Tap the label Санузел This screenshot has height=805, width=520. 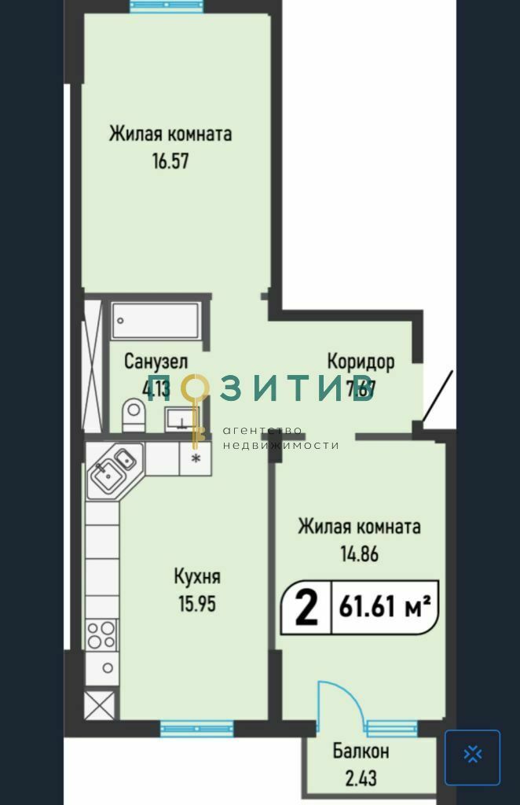tap(156, 362)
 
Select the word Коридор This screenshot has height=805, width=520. tap(361, 362)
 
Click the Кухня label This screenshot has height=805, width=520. tap(196, 577)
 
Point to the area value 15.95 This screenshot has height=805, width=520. tap(196, 605)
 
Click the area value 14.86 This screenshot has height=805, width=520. tap(359, 553)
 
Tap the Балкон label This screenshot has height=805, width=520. tap(361, 752)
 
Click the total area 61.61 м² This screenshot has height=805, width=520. tap(385, 608)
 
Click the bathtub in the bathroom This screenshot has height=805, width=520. tap(155, 321)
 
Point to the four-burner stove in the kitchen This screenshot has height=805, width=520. tap(101, 634)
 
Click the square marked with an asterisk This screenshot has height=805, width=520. tap(196, 458)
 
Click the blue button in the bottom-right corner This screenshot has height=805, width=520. tap(472, 757)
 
